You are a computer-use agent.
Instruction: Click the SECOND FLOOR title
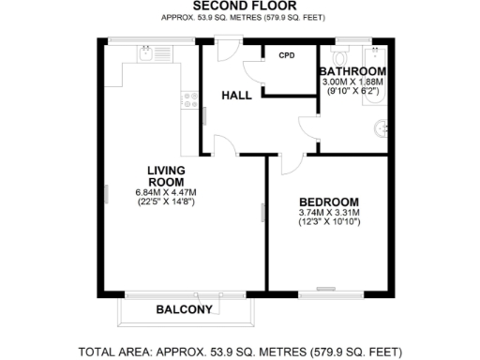pyautogui.click(x=239, y=7)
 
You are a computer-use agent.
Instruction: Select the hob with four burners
pyautogui.click(x=190, y=97)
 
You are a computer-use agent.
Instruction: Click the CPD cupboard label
pyautogui.click(x=286, y=55)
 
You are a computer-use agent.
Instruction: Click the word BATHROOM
pyautogui.click(x=352, y=72)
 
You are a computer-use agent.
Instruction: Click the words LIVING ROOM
pyautogui.click(x=165, y=176)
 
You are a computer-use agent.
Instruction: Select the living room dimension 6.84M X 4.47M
pyautogui.click(x=165, y=193)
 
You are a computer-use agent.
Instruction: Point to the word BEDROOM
pyautogui.click(x=328, y=202)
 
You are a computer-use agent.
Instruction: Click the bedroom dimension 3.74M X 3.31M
pyautogui.click(x=328, y=214)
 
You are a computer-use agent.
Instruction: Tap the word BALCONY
pyautogui.click(x=184, y=309)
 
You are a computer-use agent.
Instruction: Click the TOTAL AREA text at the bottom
pyautogui.click(x=240, y=352)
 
